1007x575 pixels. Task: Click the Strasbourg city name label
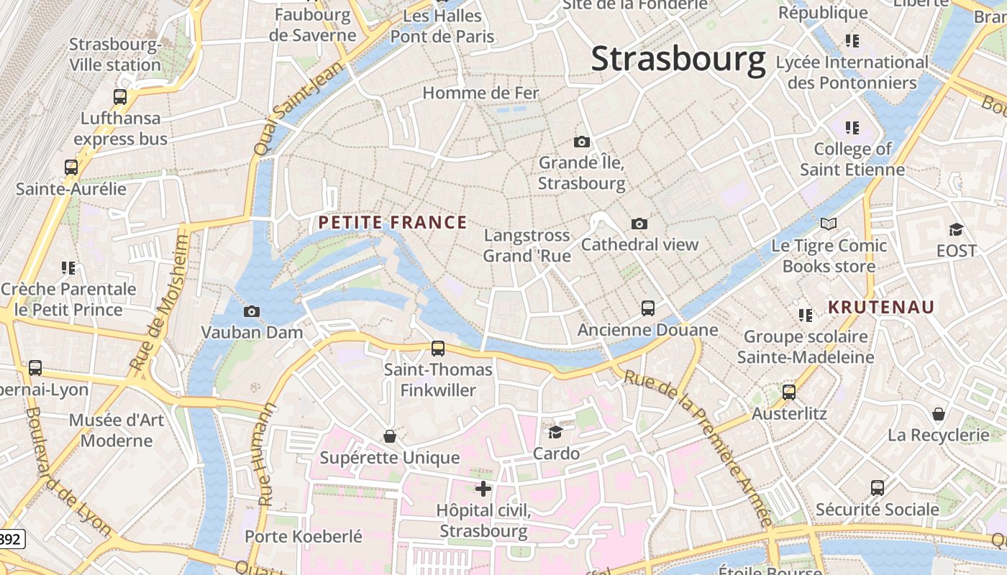pos(678,59)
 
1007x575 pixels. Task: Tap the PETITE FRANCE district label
pos(393,223)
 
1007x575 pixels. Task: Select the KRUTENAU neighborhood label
pos(881,308)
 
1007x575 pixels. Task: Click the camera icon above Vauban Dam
pos(252,311)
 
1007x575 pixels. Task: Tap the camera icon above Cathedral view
pos(639,224)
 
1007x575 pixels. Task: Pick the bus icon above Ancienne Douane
pos(648,308)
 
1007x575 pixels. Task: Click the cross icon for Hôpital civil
pos(483,489)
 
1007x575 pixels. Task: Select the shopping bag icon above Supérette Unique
pos(390,436)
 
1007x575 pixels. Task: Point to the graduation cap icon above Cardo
pos(555,432)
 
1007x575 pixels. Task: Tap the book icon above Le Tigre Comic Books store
pos(829,224)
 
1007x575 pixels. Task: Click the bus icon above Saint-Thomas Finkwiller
pos(438,349)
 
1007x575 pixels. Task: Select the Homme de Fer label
pos(480,93)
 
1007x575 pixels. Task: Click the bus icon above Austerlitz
pos(789,392)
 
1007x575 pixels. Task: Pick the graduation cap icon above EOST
pos(956,229)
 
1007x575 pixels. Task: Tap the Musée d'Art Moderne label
pos(117,430)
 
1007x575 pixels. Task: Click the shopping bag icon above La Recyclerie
pos(939,414)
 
